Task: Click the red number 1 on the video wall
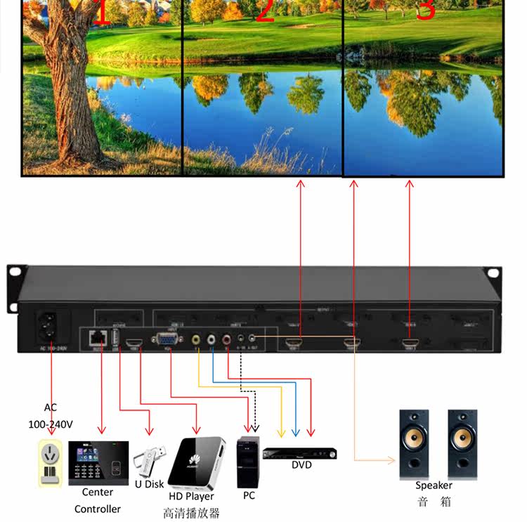coord(101,13)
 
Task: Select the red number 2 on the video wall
coord(264,11)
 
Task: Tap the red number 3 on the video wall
coord(426,10)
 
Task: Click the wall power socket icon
coord(51,463)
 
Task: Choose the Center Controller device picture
coord(98,462)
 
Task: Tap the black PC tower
coord(248,462)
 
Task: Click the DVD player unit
coord(299,453)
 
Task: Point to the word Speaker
coord(434,485)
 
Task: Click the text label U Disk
coord(149,484)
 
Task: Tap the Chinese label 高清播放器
coord(191,512)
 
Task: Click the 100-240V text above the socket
coord(51,424)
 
